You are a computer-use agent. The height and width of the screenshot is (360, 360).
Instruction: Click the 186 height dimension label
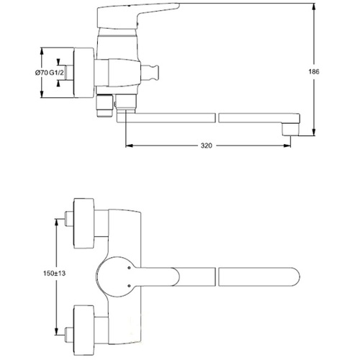coord(314,71)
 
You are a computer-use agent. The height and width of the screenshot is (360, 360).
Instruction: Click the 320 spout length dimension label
coord(207,145)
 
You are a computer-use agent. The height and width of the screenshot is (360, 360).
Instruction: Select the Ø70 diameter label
coord(42,73)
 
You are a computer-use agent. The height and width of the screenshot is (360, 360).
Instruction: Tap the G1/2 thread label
coord(57,73)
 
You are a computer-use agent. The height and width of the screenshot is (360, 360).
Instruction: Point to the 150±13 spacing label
coord(54,274)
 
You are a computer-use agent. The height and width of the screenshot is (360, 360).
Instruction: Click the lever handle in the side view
coord(135,16)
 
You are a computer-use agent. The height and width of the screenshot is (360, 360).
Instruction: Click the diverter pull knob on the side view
coord(150,72)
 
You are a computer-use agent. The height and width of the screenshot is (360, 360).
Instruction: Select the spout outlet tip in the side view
coord(291,130)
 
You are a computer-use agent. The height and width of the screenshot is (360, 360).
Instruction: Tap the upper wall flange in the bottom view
coord(84,223)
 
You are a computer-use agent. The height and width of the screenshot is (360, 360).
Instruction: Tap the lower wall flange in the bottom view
coord(84,330)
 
